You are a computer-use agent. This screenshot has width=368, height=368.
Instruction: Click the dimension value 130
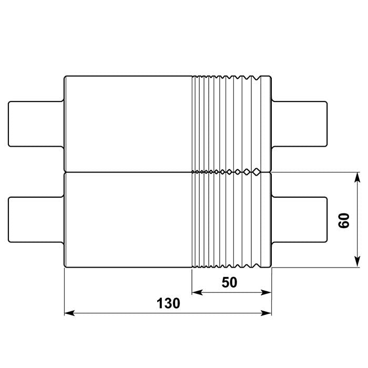169,303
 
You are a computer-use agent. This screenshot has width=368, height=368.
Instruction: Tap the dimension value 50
230,282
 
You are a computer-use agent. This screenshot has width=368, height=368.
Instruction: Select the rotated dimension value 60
344,221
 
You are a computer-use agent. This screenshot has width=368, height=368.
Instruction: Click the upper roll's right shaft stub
300,124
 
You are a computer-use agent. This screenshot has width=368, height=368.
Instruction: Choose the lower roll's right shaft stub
300,220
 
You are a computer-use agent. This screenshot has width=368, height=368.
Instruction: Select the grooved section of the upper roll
231,124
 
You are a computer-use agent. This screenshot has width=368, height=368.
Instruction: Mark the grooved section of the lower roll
231,220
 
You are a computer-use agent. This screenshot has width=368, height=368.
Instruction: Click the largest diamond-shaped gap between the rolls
256,171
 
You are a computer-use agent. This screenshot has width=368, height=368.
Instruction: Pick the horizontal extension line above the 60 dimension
315,172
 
